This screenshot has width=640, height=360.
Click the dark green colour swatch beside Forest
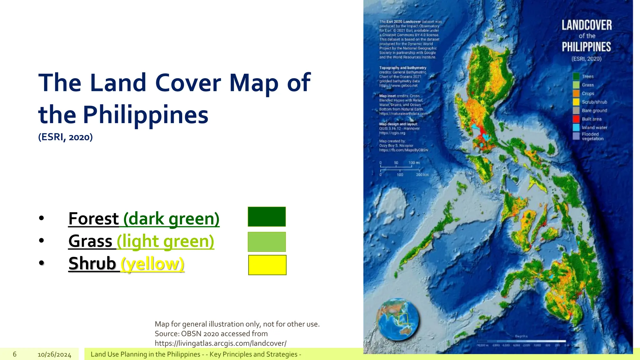click(267, 217)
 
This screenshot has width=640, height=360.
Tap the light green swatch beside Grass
click(267, 242)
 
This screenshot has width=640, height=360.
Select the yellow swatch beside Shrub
click(267, 265)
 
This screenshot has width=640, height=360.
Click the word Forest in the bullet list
click(93, 218)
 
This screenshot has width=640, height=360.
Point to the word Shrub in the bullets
click(92, 263)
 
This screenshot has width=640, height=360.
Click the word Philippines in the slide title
click(145, 115)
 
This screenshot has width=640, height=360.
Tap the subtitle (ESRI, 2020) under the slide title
click(65, 137)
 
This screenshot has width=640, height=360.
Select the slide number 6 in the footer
click(15, 354)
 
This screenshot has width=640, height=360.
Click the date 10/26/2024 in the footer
click(54, 354)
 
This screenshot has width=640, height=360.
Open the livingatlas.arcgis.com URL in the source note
click(221, 343)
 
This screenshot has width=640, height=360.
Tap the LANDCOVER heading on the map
click(587, 25)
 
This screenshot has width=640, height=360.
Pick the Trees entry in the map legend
click(587, 77)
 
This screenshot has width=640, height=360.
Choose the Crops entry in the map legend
click(588, 93)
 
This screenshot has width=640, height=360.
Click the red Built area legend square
click(576, 119)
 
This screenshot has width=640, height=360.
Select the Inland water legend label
click(594, 127)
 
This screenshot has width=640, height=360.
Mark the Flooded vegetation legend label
click(592, 136)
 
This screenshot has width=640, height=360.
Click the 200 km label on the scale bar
click(422, 175)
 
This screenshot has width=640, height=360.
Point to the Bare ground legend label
click(594, 111)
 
